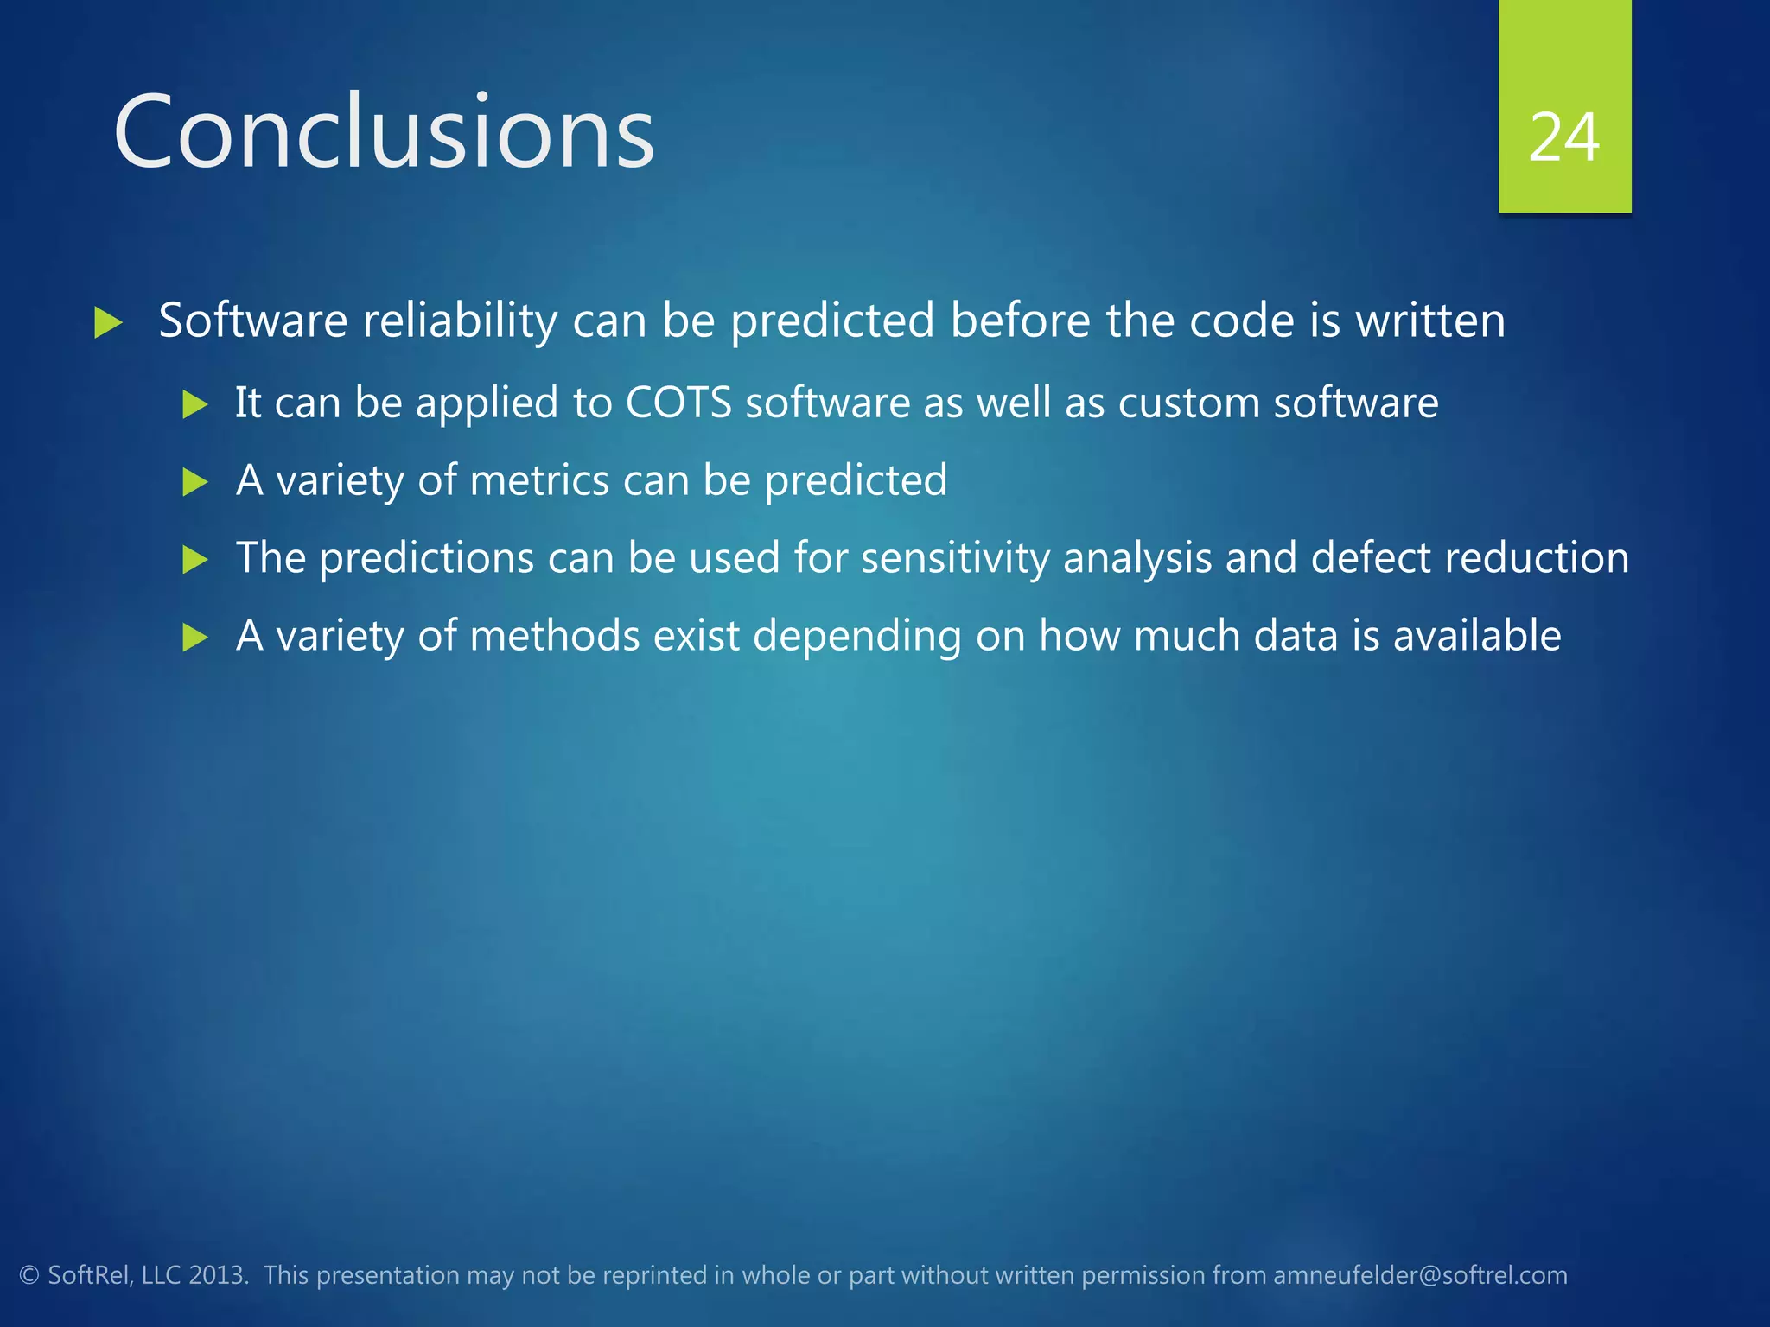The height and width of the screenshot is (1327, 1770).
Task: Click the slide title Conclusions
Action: [x=384, y=132]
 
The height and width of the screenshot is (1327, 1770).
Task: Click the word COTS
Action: [x=678, y=403]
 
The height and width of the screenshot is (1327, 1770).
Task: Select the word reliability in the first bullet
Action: [x=460, y=321]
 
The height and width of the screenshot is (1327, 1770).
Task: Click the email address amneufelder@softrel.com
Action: [x=1420, y=1275]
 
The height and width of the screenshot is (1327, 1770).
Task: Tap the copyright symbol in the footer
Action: [x=29, y=1275]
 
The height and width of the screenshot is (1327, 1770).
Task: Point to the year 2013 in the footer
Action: [x=217, y=1275]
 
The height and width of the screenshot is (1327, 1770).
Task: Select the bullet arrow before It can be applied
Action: [x=195, y=404]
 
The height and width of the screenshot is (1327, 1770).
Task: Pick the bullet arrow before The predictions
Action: [x=195, y=560]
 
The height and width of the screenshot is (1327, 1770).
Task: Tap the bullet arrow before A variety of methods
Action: [x=195, y=638]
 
